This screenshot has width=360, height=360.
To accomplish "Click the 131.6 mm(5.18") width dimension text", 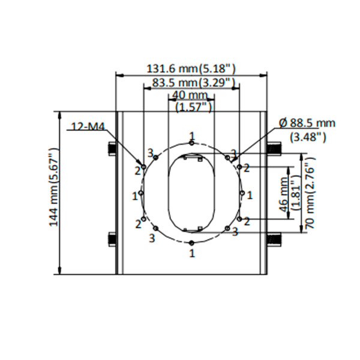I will point(191,68).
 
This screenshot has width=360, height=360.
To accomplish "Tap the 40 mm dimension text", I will point(189,95).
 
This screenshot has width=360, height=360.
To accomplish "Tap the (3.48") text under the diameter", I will point(307,136).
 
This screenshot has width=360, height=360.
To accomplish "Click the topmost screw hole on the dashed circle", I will point(191,143).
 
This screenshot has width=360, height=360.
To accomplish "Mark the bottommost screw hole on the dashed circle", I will point(191,242).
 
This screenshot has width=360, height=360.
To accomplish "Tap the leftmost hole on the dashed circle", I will point(141,193).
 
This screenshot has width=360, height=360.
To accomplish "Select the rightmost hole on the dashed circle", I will point(241,193).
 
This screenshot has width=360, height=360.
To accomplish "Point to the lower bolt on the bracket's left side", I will point(112,238).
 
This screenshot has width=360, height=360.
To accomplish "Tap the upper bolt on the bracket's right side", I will point(272,148).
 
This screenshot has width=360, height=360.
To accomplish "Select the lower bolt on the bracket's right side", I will point(272,238).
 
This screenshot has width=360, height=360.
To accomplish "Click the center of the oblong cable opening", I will point(191,193).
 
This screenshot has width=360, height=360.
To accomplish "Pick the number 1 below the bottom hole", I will point(191,253).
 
